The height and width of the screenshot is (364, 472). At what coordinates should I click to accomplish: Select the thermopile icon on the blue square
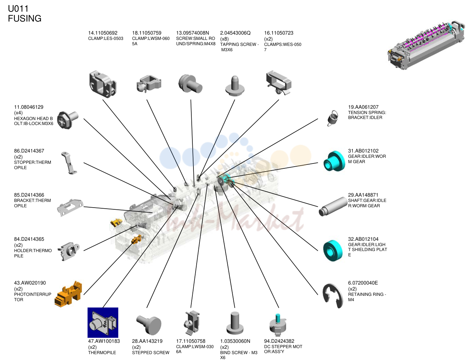tap(103, 322)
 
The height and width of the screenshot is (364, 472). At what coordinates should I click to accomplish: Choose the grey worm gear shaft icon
tap(333, 206)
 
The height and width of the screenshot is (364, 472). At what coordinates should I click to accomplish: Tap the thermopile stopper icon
tap(69, 163)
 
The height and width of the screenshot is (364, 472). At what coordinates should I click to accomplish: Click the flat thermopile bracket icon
tap(70, 207)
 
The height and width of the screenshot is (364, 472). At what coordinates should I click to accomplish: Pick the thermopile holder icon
tap(68, 251)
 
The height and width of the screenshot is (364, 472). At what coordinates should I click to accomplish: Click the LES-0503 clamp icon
tap(102, 84)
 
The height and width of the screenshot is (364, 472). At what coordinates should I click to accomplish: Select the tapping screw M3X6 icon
tap(235, 86)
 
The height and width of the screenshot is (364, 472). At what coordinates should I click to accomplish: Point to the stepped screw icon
tap(149, 325)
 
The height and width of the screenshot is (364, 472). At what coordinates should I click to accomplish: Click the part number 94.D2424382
tap(279, 341)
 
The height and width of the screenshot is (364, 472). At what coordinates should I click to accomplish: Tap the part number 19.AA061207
tap(363, 107)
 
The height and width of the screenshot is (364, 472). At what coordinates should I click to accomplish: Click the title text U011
tap(18, 9)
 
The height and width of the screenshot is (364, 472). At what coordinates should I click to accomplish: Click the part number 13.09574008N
tap(192, 33)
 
